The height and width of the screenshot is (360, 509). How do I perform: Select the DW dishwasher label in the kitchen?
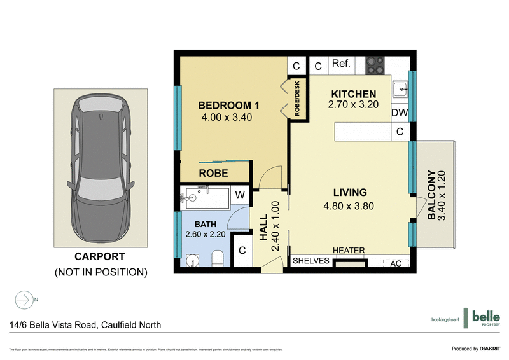click(399, 113)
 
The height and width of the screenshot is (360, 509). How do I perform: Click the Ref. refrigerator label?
click(341, 64)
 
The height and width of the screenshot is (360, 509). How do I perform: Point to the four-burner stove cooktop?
click(373, 65)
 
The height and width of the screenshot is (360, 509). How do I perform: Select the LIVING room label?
click(349, 192)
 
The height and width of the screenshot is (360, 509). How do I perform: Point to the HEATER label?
click(349, 251)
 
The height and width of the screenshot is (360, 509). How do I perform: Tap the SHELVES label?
click(310, 261)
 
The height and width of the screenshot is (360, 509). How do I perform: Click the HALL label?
click(263, 227)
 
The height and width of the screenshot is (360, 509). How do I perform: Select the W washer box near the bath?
click(241, 195)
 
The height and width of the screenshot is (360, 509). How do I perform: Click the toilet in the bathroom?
click(217, 258)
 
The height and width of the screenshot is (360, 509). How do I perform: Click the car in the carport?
click(102, 169)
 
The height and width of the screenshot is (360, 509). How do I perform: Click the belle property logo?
click(484, 317)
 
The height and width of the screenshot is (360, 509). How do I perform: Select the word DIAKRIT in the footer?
click(492, 349)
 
